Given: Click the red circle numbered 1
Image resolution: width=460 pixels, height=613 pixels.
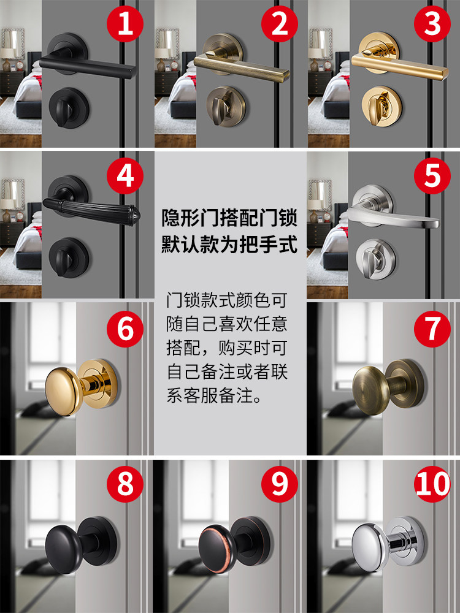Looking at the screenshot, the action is [x=125, y=23].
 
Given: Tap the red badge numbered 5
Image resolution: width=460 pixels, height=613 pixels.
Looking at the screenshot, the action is [x=432, y=175].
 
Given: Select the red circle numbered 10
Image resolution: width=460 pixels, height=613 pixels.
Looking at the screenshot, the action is [x=432, y=484].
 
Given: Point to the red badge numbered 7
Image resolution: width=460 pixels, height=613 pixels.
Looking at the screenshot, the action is [x=432, y=329].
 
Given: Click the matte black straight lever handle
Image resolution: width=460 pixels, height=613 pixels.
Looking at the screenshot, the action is [x=88, y=66].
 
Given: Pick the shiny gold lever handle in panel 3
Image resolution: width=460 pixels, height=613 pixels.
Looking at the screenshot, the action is [x=400, y=64].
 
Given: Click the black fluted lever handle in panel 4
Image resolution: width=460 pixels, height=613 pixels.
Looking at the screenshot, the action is [x=91, y=211].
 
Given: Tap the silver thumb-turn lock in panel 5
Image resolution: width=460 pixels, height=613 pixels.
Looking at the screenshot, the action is [x=377, y=259].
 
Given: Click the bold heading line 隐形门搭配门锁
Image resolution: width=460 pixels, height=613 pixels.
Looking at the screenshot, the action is [x=230, y=218].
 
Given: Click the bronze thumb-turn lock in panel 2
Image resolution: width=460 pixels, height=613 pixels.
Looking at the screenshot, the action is [x=226, y=106].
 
